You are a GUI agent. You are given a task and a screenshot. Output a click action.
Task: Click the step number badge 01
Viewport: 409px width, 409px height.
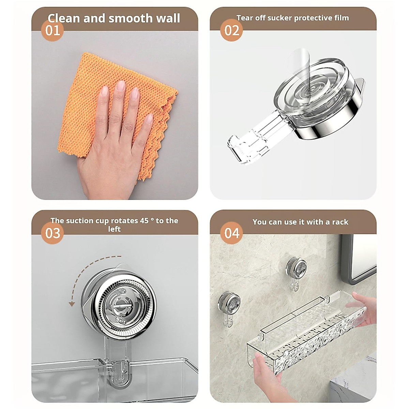pyautogui.click(x=52, y=31)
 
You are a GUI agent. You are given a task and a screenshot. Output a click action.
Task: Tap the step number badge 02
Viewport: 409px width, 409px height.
pyautogui.click(x=232, y=31)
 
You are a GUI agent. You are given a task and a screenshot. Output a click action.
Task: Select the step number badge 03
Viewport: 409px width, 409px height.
pyautogui.click(x=52, y=233)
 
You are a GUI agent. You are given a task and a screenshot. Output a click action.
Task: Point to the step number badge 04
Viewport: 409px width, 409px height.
pyautogui.click(x=232, y=233)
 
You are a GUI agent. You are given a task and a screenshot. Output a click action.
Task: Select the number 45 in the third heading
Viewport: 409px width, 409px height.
pyautogui.click(x=144, y=221)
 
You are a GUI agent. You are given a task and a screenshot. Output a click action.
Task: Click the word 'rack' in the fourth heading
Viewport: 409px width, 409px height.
pyautogui.click(x=340, y=222)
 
